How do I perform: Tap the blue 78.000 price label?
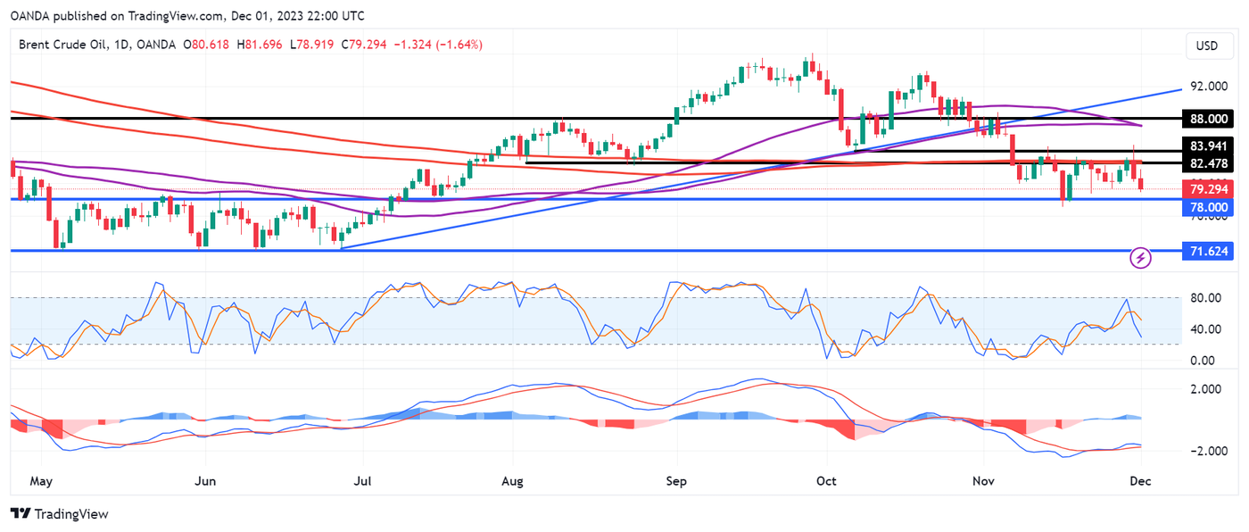pos(1208,207)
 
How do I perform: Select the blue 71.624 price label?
pos(1208,253)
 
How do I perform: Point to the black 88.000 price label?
pos(1208,118)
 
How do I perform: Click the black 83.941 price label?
pos(1208,145)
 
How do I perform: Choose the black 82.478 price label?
pos(1208,164)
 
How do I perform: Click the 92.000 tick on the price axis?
pos(1208,87)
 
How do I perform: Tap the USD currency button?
pos(1206,46)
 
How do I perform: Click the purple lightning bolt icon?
pos(1141,259)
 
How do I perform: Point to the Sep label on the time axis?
pos(677,481)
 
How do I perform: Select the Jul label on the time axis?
pos(363,481)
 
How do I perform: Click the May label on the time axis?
pos(41,481)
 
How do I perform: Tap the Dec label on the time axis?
pos(1140,481)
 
